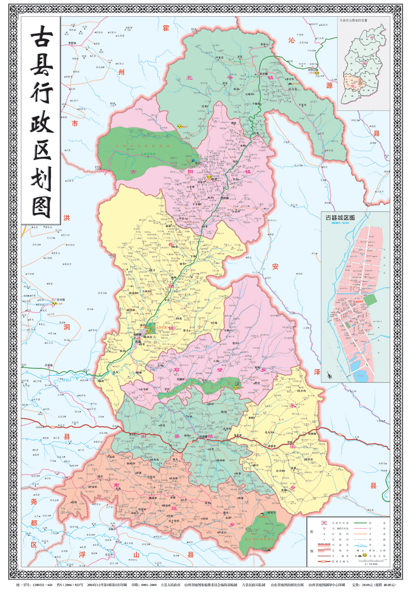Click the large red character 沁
pos(291,40)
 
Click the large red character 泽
pos(317,372)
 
